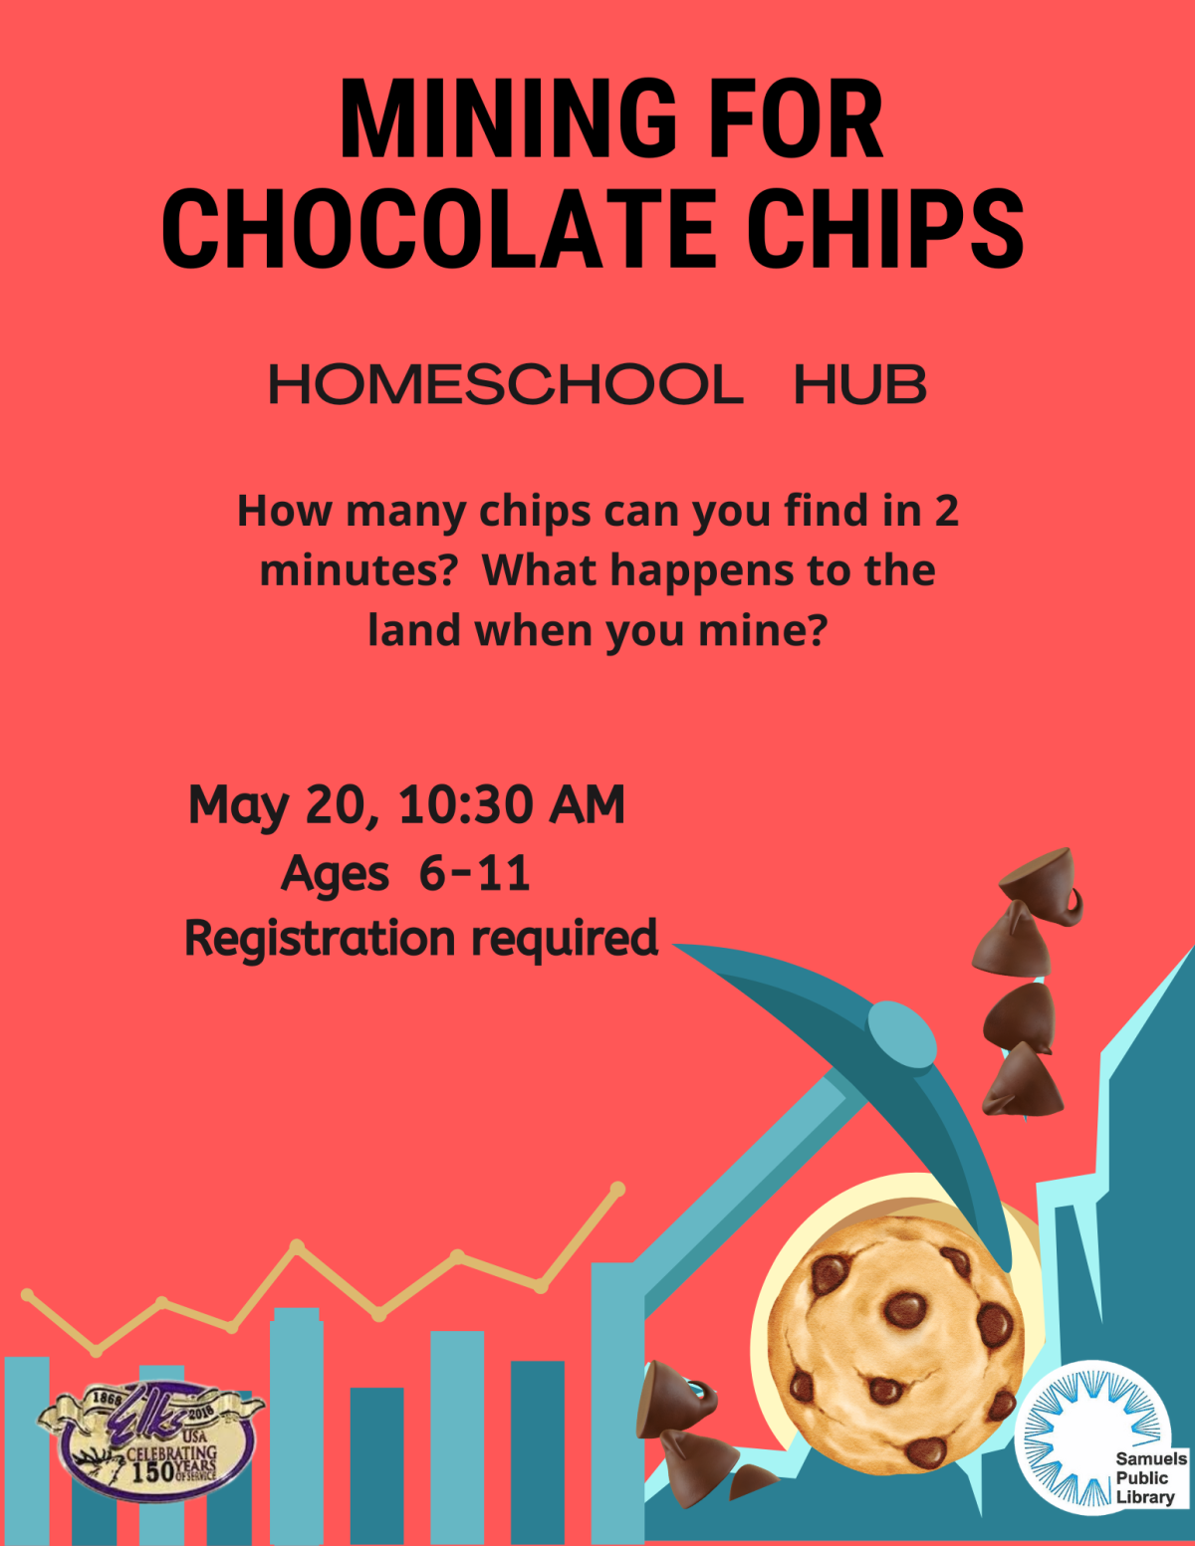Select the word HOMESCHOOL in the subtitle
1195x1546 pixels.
point(506,385)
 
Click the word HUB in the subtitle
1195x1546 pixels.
point(859,385)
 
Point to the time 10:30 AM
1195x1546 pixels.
point(512,804)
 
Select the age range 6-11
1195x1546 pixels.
point(475,873)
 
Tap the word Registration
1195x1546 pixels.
point(320,939)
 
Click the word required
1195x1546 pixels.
point(565,939)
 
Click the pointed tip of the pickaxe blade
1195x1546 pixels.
point(675,946)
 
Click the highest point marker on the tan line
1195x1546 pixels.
point(617,1189)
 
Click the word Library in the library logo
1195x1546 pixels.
point(1144,1496)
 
